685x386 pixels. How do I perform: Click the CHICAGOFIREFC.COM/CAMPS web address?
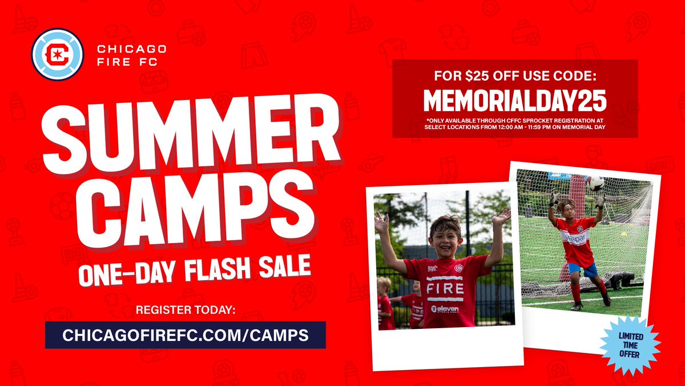[x=186, y=335]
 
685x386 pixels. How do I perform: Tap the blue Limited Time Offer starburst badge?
[x=632, y=345]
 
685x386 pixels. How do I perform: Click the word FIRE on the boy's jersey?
[x=445, y=288]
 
